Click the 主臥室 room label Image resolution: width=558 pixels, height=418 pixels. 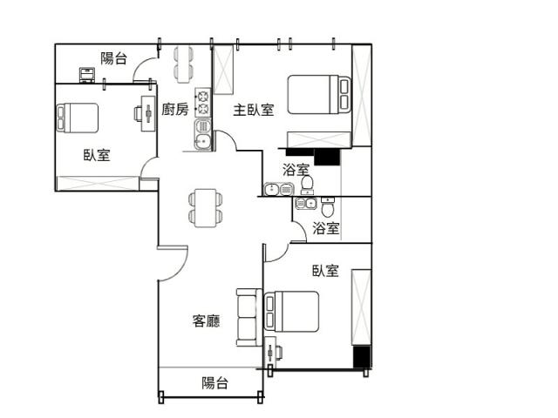click(x=254, y=110)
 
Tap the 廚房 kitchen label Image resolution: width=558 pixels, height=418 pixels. click(x=174, y=109)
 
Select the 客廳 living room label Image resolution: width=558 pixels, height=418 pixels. click(x=206, y=320)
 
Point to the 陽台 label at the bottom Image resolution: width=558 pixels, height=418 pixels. click(x=214, y=383)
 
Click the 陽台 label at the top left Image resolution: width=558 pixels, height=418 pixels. click(x=113, y=58)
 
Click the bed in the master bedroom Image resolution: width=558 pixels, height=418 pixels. click(x=319, y=95)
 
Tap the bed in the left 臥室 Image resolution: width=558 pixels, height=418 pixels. click(x=78, y=118)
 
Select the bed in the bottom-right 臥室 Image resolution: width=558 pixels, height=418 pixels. click(x=291, y=312)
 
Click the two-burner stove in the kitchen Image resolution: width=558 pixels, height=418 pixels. click(x=203, y=103)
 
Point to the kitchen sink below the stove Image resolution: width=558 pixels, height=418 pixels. click(x=203, y=134)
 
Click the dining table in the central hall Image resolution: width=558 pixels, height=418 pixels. click(x=206, y=208)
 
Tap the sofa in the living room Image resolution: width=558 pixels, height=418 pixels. click(x=249, y=317)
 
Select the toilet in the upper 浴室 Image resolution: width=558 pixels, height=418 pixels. click(x=307, y=185)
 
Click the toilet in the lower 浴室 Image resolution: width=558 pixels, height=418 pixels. click(x=328, y=207)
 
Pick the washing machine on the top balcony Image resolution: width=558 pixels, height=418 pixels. click(x=87, y=75)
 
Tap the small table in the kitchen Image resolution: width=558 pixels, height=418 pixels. click(x=184, y=64)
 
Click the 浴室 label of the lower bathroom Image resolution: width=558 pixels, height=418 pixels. click(x=325, y=228)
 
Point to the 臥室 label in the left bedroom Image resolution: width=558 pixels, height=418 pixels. click(x=97, y=155)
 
